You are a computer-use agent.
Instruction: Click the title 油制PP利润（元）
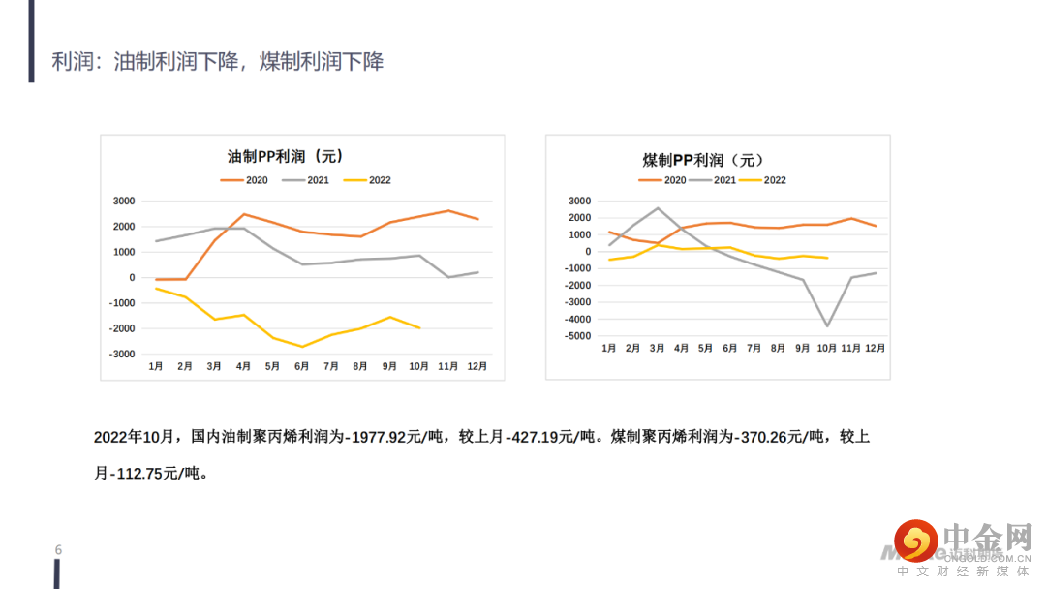[285, 156]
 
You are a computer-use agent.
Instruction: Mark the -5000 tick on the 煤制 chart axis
[578, 336]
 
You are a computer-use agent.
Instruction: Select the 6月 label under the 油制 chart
[302, 367]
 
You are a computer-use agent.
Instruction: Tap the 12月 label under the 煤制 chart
[874, 348]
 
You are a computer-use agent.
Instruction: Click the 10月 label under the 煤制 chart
[826, 348]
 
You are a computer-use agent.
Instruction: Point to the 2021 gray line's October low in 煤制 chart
[827, 325]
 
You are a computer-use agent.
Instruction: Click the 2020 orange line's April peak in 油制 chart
[243, 214]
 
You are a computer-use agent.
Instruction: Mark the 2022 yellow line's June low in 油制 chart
[302, 347]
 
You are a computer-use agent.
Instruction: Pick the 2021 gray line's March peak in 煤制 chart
[658, 208]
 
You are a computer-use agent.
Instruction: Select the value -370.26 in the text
[771, 438]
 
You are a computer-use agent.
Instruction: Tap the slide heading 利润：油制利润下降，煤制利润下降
[218, 62]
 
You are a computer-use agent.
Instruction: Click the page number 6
[58, 550]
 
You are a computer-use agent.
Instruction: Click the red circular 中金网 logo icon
[916, 542]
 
